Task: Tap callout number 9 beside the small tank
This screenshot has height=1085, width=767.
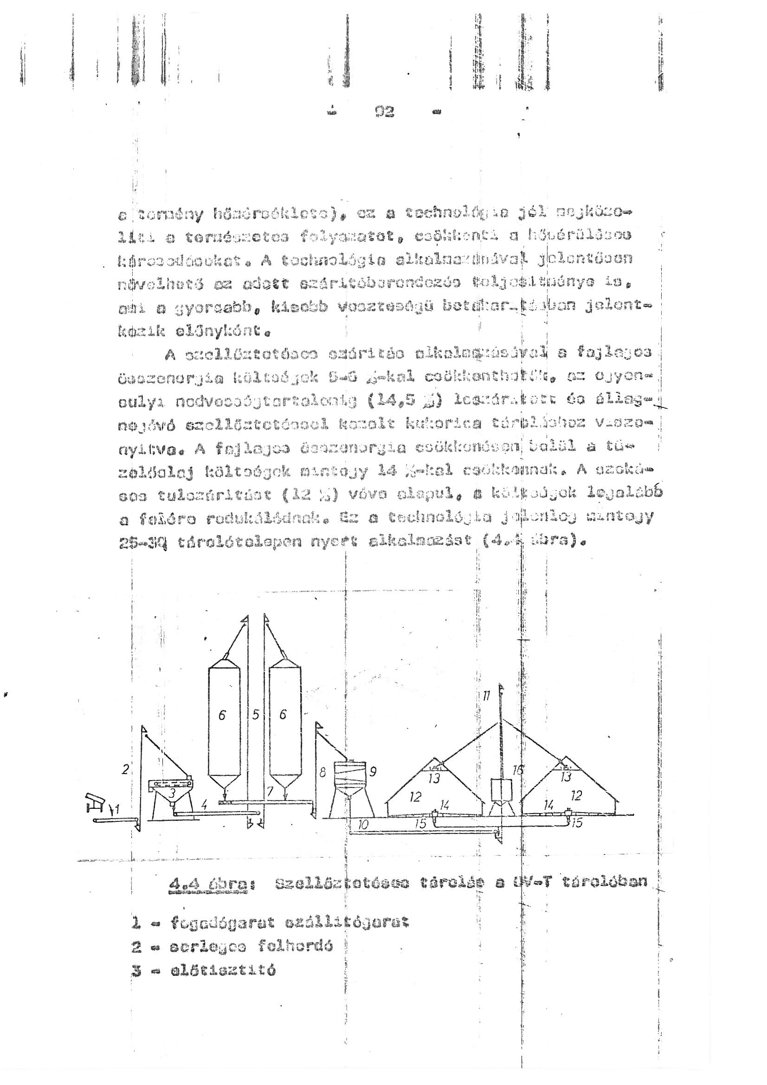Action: [x=373, y=772]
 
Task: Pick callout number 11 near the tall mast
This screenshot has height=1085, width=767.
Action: [x=487, y=695]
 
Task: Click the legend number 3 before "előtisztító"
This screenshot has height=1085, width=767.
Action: [x=136, y=971]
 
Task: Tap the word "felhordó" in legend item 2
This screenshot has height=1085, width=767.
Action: [x=296, y=946]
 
